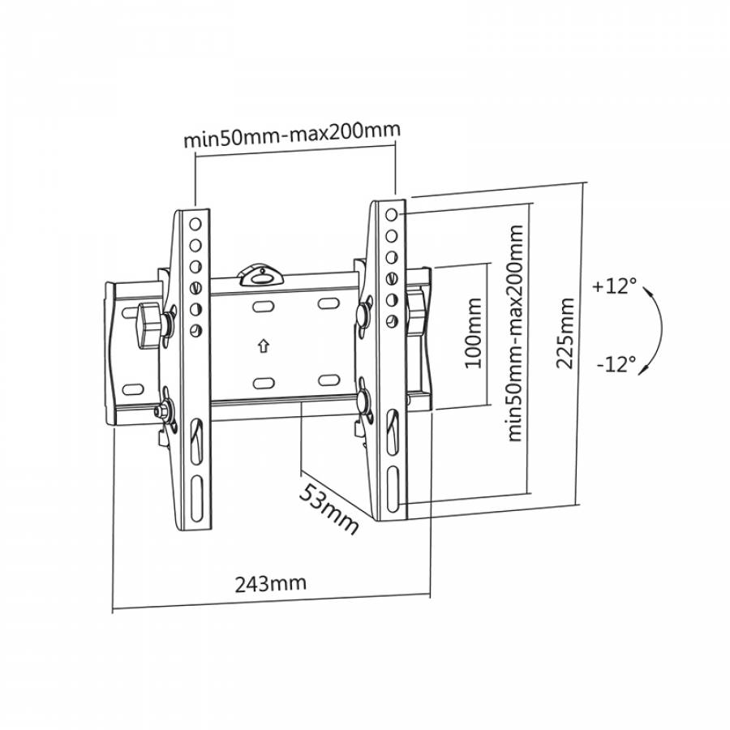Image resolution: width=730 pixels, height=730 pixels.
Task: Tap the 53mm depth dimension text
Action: click(x=327, y=508)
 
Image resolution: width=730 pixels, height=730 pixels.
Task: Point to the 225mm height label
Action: click(x=565, y=333)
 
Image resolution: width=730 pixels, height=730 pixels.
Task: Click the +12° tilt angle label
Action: click(x=614, y=286)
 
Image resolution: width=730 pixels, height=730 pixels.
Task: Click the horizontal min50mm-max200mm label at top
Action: click(x=292, y=135)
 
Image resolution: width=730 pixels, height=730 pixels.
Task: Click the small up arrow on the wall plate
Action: click(x=262, y=345)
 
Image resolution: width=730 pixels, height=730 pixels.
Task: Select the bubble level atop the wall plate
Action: click(x=260, y=273)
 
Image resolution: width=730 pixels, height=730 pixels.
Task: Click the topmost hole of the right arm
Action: click(x=393, y=216)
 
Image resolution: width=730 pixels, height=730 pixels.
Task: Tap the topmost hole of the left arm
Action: click(x=195, y=225)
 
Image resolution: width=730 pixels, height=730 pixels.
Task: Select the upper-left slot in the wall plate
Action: click(x=264, y=307)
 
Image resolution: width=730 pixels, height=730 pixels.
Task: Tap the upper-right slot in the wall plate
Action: click(x=328, y=303)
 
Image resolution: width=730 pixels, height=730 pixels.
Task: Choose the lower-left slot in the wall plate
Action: click(x=263, y=382)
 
